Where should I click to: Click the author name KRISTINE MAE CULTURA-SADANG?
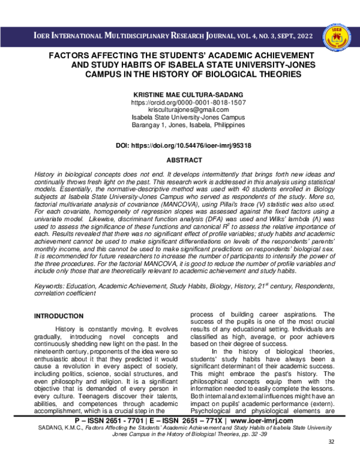180,95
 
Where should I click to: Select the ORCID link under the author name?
180,103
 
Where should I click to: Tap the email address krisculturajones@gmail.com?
180,110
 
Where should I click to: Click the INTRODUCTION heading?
59,316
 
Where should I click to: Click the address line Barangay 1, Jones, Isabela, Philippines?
180,126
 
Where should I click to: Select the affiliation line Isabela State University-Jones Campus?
180,118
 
